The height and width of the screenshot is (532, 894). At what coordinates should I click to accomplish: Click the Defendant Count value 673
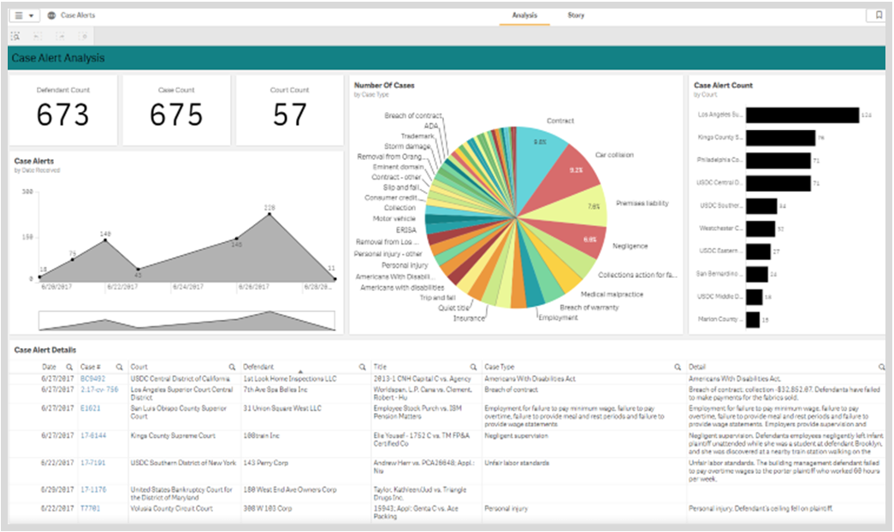tap(63, 115)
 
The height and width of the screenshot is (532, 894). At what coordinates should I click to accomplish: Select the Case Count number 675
tap(176, 115)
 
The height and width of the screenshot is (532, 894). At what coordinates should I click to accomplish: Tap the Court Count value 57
tap(289, 115)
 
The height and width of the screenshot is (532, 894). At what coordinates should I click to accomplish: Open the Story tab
tap(576, 15)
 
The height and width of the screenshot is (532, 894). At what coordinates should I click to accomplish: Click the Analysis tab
tap(524, 15)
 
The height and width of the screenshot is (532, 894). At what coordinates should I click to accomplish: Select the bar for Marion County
tap(753, 319)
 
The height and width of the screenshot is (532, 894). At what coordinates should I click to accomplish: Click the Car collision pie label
tap(614, 155)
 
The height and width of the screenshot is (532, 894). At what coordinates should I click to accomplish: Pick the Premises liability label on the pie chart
tap(642, 204)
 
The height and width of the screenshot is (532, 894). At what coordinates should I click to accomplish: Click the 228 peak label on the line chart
tap(269, 208)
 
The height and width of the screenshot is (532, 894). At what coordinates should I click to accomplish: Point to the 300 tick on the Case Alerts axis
tap(27, 192)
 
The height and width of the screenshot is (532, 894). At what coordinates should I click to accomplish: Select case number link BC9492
tap(92, 378)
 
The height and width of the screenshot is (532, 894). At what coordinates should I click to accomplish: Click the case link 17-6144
tap(92, 435)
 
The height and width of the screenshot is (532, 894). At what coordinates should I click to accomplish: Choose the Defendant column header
tap(258, 366)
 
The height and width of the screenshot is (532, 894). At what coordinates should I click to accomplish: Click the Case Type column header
tap(500, 366)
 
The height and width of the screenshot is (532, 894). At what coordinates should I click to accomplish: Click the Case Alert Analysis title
tap(57, 58)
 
